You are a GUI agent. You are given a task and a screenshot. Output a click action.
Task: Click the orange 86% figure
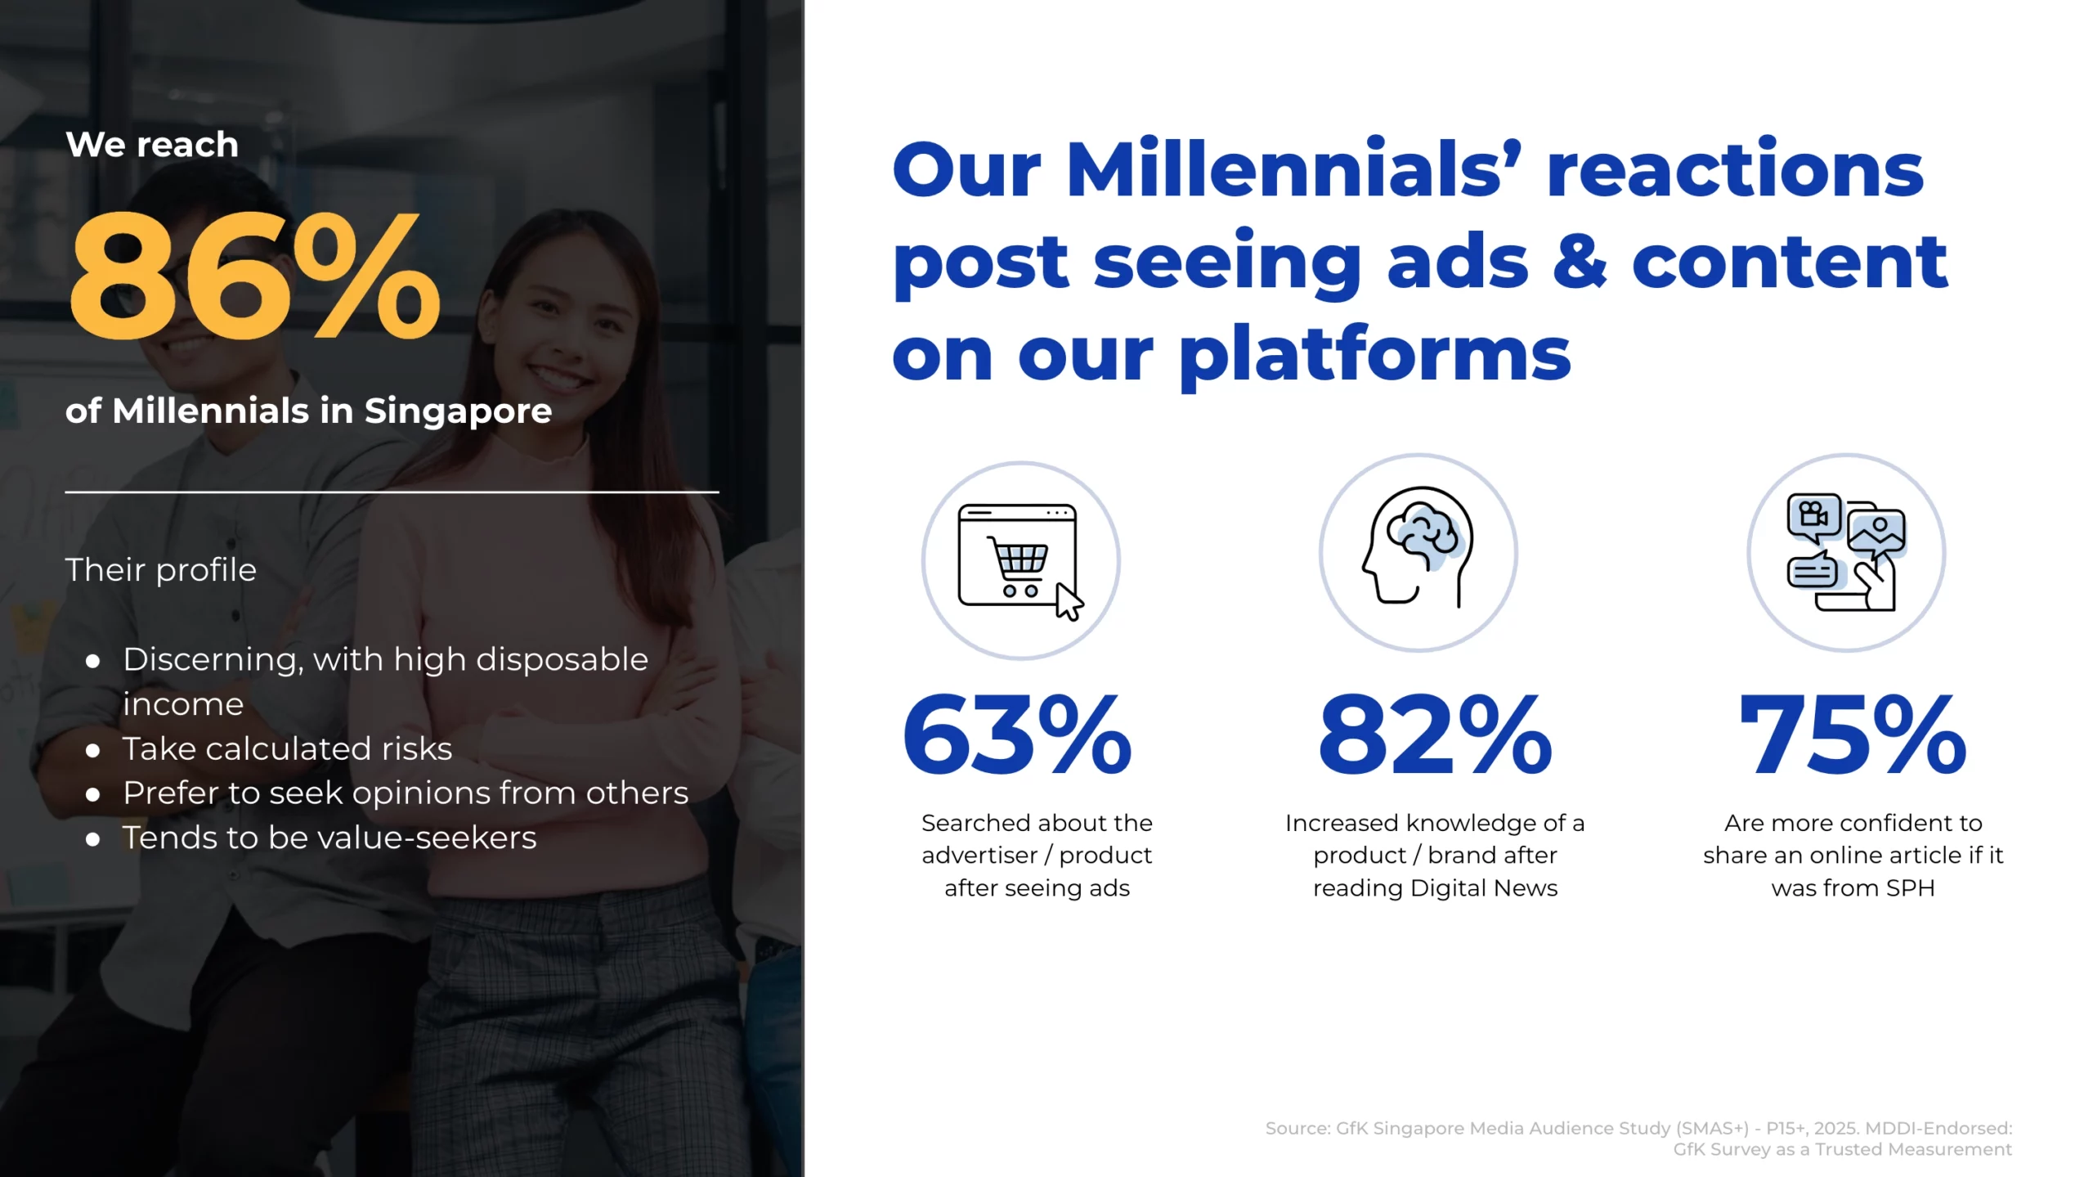click(255, 276)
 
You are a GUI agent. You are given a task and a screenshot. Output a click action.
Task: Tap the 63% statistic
click(1017, 735)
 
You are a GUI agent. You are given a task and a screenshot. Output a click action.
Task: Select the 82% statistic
click(1435, 735)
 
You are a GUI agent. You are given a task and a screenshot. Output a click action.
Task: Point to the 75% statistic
click(1853, 735)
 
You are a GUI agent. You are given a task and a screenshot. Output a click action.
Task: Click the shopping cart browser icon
click(1021, 561)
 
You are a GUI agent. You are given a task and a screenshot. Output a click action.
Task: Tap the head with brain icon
click(1418, 546)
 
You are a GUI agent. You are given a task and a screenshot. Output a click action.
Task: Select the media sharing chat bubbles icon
click(1846, 552)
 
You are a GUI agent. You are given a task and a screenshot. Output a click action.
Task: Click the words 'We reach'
click(152, 145)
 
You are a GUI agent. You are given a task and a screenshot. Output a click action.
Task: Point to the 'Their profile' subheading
click(161, 569)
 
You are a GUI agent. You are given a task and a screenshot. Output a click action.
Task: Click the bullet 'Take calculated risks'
click(287, 748)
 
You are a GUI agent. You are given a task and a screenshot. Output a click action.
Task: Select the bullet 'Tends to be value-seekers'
click(329, 838)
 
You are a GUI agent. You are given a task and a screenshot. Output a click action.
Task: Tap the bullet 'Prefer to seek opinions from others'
click(406, 793)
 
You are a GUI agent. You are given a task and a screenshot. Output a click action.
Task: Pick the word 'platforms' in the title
click(1374, 353)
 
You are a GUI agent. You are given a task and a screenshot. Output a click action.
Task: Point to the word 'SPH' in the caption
click(1910, 887)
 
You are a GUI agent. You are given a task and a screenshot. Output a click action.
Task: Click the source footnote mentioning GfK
click(1638, 1139)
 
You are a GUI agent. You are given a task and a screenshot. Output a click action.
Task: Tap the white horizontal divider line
click(392, 492)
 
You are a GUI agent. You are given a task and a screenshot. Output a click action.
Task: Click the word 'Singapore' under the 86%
click(458, 411)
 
